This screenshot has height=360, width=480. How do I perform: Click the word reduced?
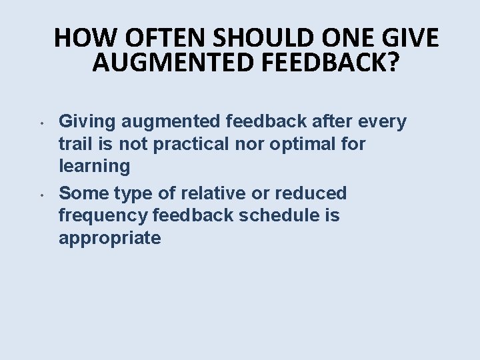313,193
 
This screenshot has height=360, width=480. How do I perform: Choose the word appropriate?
109,239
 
